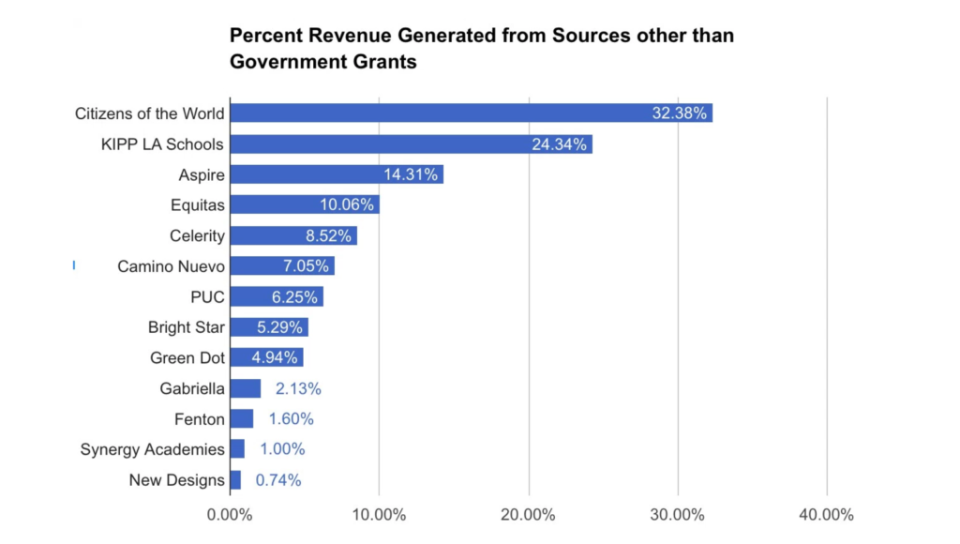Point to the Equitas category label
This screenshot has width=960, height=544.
tap(197, 205)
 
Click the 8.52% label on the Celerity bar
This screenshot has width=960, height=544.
tap(326, 235)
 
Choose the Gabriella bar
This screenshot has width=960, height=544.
tap(246, 388)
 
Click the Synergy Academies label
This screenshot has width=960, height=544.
tap(153, 449)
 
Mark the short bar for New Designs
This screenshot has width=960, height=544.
tap(235, 480)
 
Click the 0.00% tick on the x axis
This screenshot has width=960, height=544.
tap(230, 515)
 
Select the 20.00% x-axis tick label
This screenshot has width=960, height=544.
tap(529, 515)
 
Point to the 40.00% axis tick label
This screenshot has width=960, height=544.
tap(827, 515)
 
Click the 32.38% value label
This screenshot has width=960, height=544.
tap(681, 113)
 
